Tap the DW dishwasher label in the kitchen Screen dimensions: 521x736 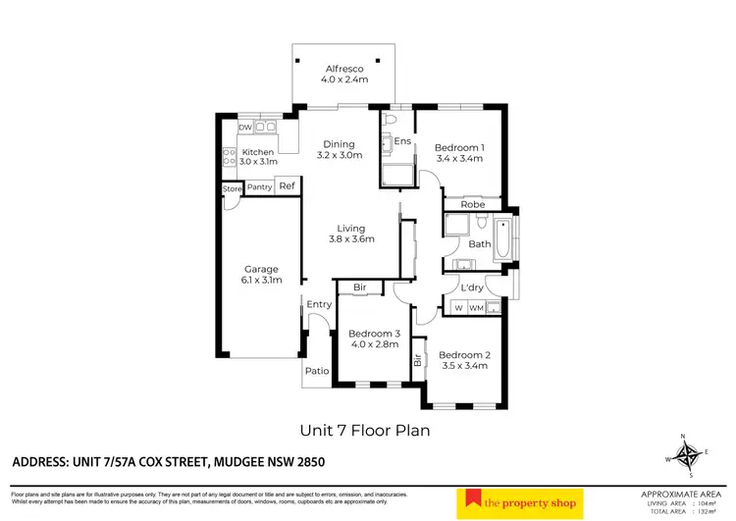pos(245,128)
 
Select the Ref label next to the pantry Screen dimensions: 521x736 pos(287,186)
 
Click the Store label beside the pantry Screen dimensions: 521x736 pos(231,187)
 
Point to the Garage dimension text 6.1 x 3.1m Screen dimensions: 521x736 pos(261,280)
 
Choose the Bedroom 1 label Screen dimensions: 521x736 pos(459,146)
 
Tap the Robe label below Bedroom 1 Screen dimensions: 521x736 pos(473,204)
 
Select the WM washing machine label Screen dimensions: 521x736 pos(477,308)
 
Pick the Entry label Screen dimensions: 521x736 pos(319,304)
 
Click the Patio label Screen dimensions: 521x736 pos(317,371)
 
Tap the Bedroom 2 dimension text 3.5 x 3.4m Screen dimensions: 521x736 pos(463,366)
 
